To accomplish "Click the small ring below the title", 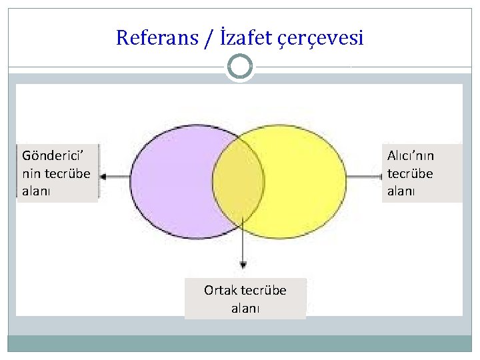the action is coord(240,67).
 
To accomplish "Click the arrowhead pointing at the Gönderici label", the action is coord(105,177).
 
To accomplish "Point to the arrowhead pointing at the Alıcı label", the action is coord(375,177).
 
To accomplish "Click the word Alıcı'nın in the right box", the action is coord(411,155).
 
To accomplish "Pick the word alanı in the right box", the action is coord(401,191).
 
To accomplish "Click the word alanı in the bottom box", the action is coord(245,308).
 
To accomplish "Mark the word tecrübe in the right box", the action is coord(410,173).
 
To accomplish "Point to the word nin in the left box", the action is coord(31,173).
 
